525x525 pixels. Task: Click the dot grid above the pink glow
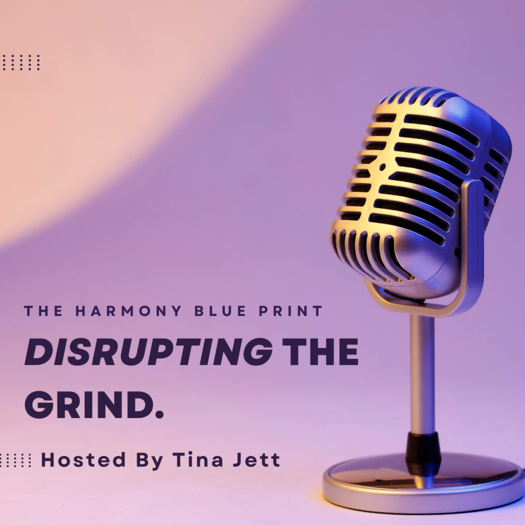[x=21, y=62]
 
